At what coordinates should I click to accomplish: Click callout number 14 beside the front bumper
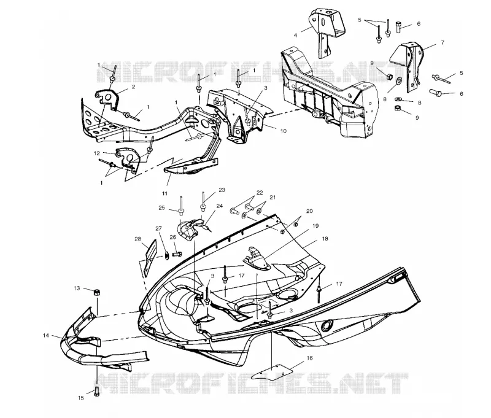(x=46, y=335)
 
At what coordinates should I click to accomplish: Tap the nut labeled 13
(x=97, y=292)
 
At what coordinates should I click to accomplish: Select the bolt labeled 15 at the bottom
(x=96, y=391)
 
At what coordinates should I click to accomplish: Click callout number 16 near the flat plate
(x=309, y=358)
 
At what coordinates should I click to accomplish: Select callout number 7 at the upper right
(x=443, y=42)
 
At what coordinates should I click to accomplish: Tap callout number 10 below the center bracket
(x=283, y=131)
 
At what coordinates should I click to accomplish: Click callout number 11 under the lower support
(x=164, y=193)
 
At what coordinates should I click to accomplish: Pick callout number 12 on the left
(x=97, y=153)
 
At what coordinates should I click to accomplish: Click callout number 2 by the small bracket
(x=133, y=87)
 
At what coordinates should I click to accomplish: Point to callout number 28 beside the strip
(x=137, y=239)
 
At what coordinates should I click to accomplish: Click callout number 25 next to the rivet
(x=161, y=207)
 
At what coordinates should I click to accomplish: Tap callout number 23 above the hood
(x=222, y=190)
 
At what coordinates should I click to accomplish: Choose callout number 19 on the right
(x=315, y=225)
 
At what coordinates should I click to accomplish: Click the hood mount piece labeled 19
(x=256, y=258)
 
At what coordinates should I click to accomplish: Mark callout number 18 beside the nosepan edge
(x=325, y=239)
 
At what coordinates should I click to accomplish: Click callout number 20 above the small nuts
(x=309, y=211)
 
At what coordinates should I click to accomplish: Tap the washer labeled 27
(x=166, y=255)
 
